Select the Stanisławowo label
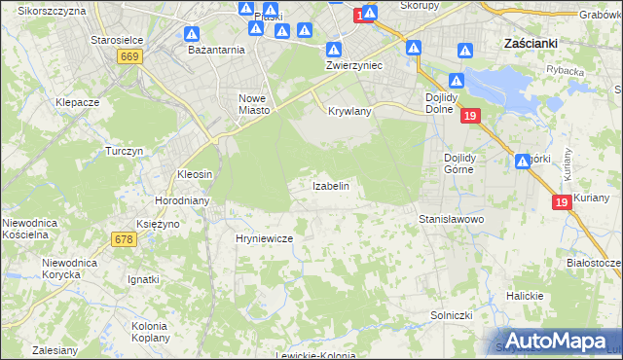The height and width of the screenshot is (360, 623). [x=452, y=220]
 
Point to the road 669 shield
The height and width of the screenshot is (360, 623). [x=128, y=58]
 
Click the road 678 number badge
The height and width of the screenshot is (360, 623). [x=123, y=239]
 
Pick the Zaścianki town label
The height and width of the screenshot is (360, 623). [x=530, y=44]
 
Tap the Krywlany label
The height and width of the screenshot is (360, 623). [x=350, y=112]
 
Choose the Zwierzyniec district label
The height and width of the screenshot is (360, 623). [x=353, y=64]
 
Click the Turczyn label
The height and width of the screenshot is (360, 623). [x=125, y=152]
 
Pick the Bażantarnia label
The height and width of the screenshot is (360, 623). [x=216, y=49]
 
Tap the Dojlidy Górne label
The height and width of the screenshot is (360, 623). [x=457, y=162]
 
